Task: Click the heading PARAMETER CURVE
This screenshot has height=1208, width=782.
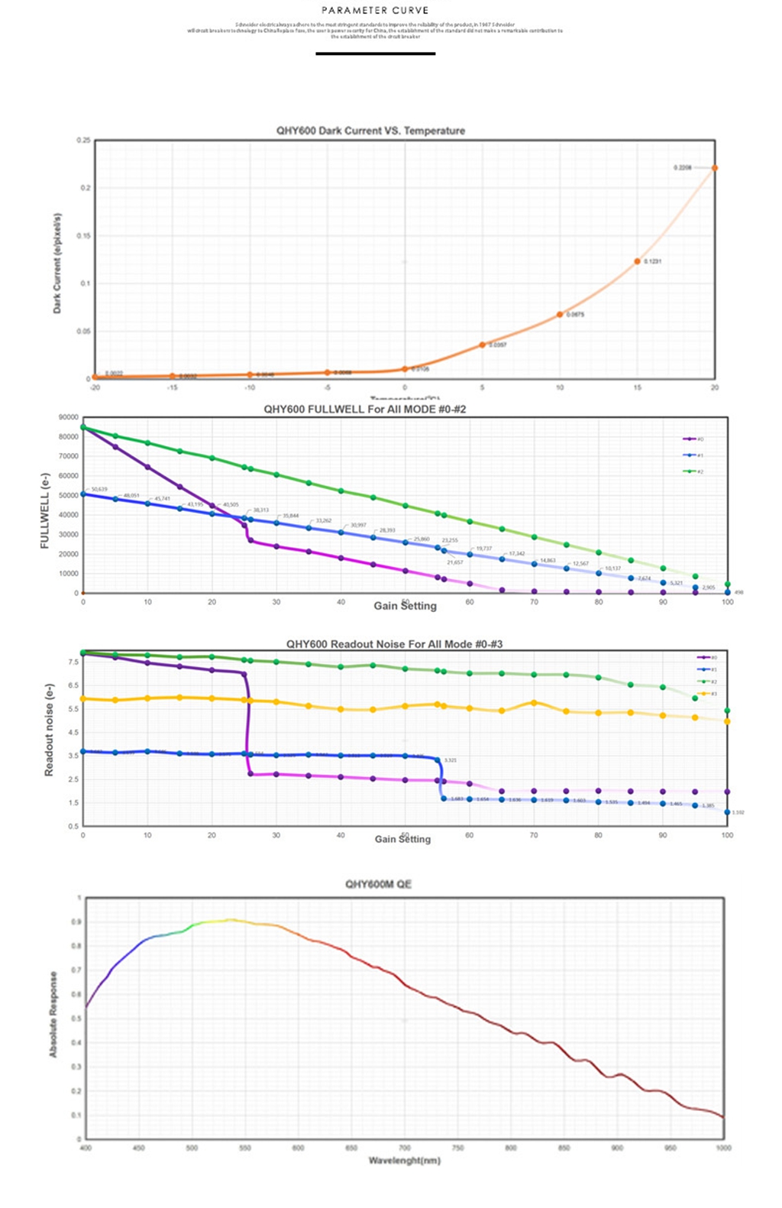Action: (375, 11)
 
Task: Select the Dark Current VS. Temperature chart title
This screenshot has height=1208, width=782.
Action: (370, 131)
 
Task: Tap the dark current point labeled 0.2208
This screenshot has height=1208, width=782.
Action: (715, 168)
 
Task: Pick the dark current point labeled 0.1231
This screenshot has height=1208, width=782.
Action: (637, 261)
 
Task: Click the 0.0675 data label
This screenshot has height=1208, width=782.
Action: (576, 315)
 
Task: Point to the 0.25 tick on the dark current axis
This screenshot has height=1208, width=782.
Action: (83, 141)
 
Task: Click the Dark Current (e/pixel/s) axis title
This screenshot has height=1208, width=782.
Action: (57, 263)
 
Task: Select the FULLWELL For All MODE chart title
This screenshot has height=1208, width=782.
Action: (364, 410)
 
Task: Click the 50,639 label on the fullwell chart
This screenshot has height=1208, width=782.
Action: (99, 489)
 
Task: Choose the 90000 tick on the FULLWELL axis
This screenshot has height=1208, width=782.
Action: (68, 417)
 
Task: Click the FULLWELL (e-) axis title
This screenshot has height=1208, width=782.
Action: (44, 510)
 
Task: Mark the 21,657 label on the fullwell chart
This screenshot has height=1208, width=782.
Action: (455, 562)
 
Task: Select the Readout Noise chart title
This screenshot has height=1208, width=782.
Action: (394, 644)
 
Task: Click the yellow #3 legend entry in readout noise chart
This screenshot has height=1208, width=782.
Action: (706, 694)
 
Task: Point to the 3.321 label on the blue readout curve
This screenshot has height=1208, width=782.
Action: (451, 760)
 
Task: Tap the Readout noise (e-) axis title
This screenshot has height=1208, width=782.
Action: (50, 730)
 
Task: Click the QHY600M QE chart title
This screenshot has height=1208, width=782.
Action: (378, 884)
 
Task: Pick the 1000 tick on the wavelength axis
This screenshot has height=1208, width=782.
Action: (723, 1148)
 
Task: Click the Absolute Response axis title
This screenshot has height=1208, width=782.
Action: (53, 1014)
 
